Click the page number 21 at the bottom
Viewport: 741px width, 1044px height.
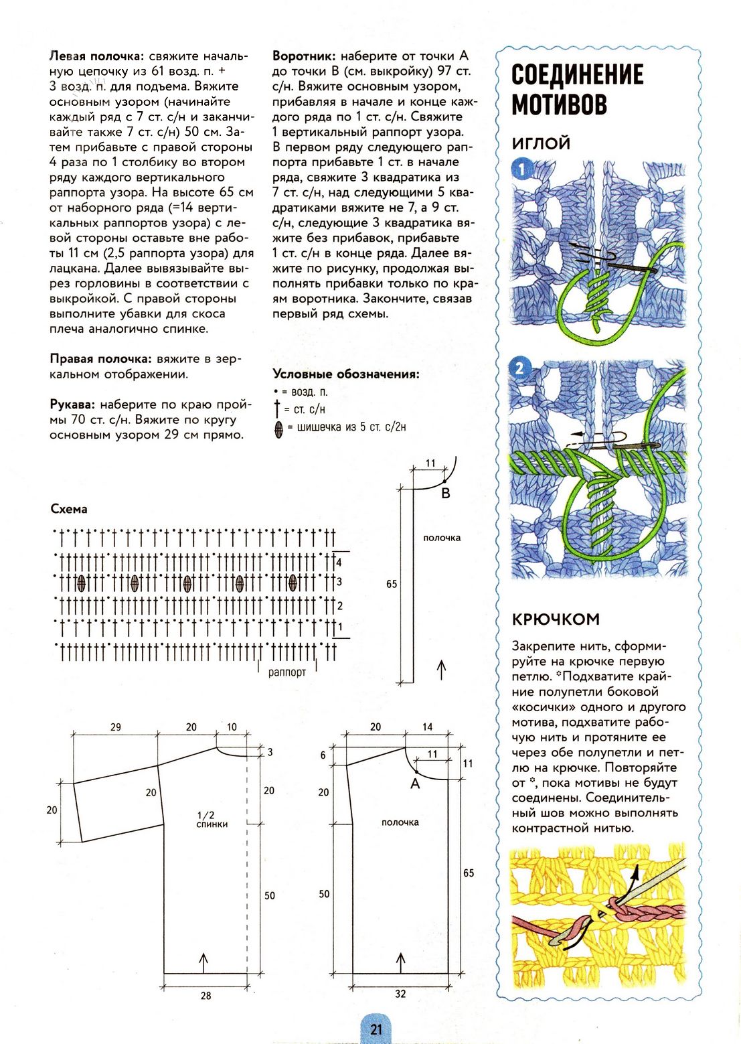click(x=376, y=1029)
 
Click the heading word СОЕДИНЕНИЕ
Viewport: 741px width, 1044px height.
click(x=577, y=74)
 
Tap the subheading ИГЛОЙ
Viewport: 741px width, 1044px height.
click(x=541, y=143)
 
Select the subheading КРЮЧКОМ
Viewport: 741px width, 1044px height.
click(x=556, y=619)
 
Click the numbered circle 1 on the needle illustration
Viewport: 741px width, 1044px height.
click(x=521, y=169)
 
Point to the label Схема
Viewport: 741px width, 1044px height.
click(x=69, y=509)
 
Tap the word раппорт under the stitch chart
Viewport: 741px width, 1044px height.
click(x=286, y=672)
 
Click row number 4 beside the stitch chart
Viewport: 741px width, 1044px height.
click(x=339, y=563)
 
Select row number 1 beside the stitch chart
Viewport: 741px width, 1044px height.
click(x=340, y=627)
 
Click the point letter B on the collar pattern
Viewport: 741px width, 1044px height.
click(x=446, y=494)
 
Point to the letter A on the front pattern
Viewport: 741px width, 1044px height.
click(x=415, y=783)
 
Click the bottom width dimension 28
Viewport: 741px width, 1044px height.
click(x=205, y=996)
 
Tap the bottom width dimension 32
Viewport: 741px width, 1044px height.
click(x=400, y=994)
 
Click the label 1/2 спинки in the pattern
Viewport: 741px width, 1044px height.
click(x=212, y=820)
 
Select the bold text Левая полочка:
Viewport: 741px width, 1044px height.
click(x=96, y=56)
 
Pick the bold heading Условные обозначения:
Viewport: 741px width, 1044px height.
click(x=345, y=374)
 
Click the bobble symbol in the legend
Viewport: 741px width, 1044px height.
click(x=278, y=427)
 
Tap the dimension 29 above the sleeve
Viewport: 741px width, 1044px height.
click(x=116, y=727)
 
